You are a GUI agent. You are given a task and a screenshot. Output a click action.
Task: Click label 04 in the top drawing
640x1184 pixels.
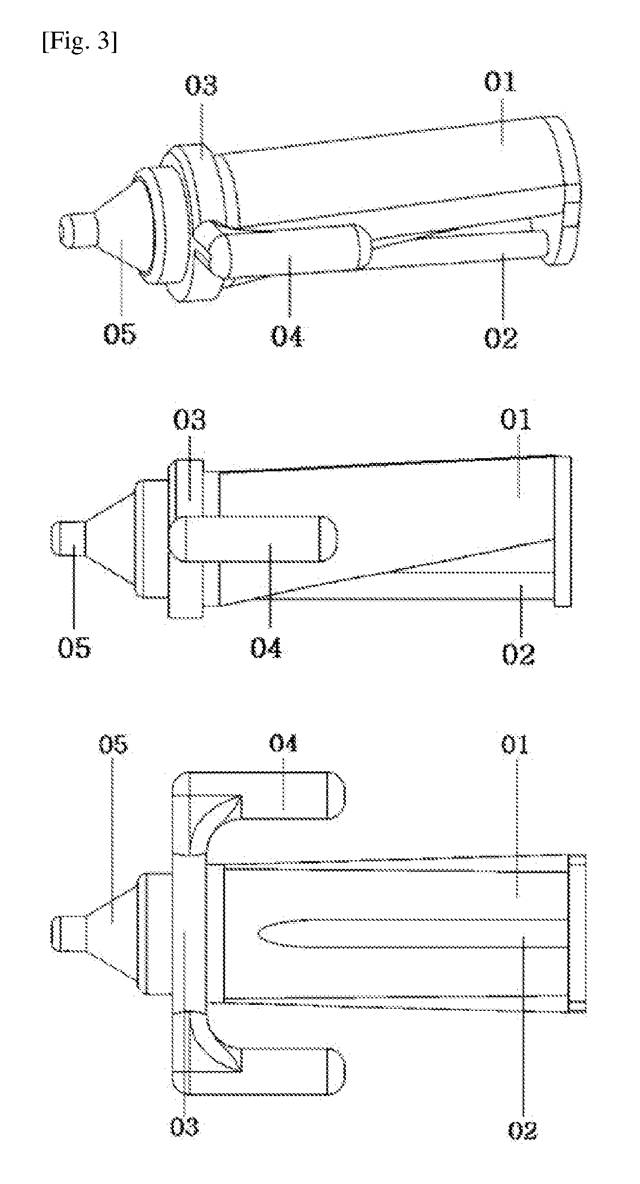[288, 335]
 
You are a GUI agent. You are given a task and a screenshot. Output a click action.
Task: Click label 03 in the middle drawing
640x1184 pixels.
[190, 421]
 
